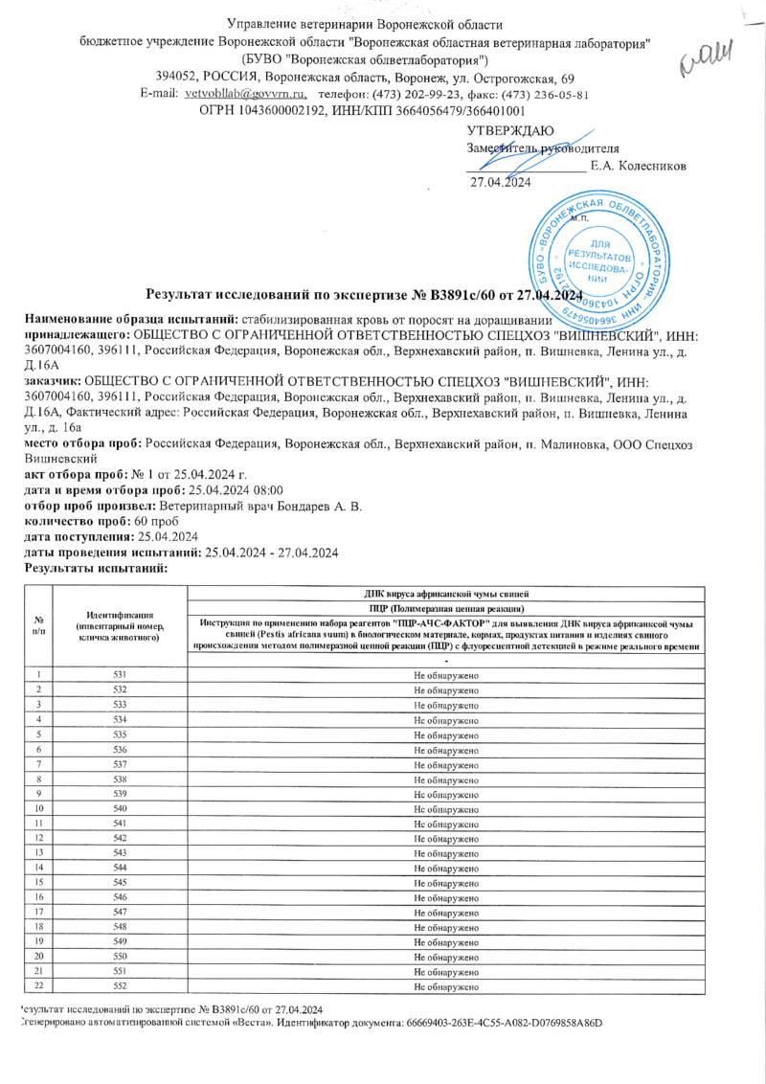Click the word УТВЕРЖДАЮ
tap(509, 130)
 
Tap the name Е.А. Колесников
tap(638, 165)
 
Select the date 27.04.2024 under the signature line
tap(500, 182)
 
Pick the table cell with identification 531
tap(120, 676)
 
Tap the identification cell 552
tap(120, 985)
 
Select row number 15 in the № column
tap(39, 881)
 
